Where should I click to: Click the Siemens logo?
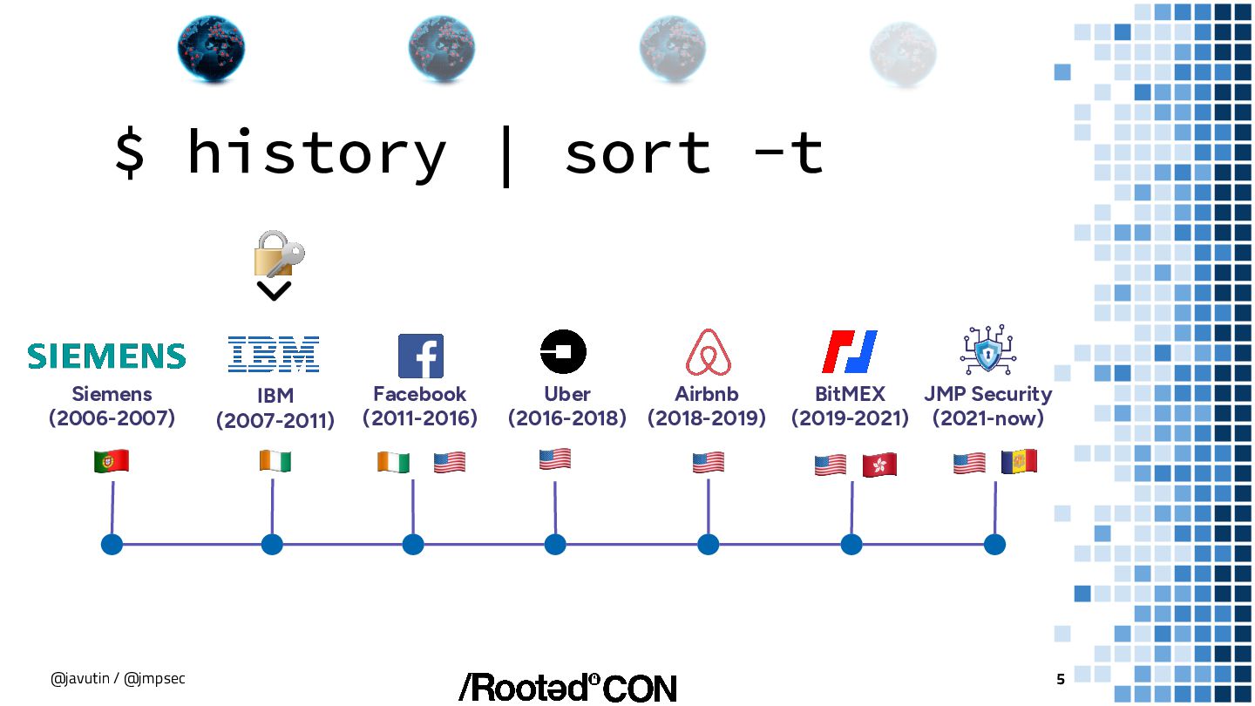106,356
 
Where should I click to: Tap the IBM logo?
274,354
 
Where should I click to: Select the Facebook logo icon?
420,356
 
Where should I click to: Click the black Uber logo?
563,353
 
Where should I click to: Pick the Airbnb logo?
708,353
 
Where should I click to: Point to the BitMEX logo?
850,352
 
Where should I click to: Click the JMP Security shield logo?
988,350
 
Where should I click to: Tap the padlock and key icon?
278,255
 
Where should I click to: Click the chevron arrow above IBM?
274,291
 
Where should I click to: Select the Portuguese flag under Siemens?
112,462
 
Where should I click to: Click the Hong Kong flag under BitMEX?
879,465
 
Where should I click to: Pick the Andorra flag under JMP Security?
1019,462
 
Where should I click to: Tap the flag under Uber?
555,459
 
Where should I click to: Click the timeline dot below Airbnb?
708,545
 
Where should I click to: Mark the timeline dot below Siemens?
112,545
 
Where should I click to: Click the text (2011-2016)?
420,418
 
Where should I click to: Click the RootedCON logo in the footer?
567,688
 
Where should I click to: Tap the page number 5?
1061,680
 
